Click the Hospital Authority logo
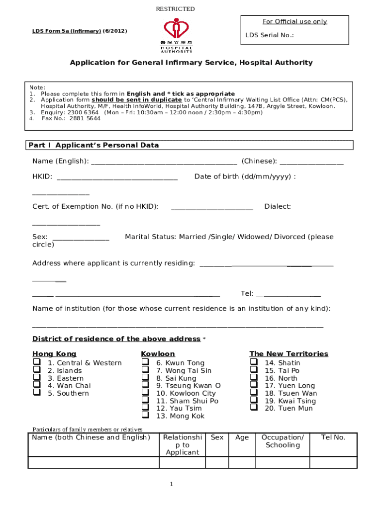pos(176,35)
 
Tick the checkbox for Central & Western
pos(36,362)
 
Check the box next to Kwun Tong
pos(145,362)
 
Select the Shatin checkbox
pos(254,362)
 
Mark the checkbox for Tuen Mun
pos(254,408)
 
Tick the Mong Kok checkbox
pos(145,415)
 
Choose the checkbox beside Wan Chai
pos(36,385)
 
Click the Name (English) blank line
pos(164,162)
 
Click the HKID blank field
pos(117,177)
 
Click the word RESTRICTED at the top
pos(175,9)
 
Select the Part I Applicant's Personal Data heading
pos(94,145)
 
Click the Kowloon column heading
pos(158,353)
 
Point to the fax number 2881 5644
pos(71,119)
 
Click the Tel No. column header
pos(333,437)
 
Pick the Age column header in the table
pos(242,437)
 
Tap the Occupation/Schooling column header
pos(282,441)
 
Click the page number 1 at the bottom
pos(171,484)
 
